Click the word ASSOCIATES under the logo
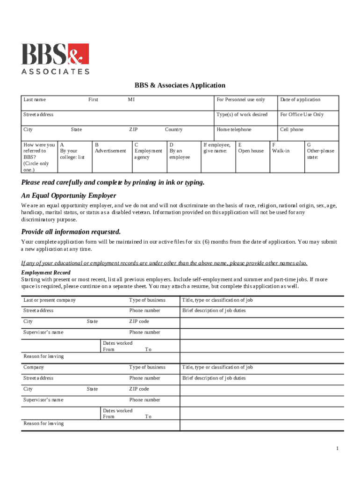55,72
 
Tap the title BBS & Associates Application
180,85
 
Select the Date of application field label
300,100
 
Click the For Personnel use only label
240,100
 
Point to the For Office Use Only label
302,115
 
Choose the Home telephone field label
234,130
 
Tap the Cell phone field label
291,130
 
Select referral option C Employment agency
148,151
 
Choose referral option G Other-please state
320,151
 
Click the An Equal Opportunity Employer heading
69,196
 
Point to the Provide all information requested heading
71,232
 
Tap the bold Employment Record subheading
46,273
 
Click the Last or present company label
50,300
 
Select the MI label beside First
131,100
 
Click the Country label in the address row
173,130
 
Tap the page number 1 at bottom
337,449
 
